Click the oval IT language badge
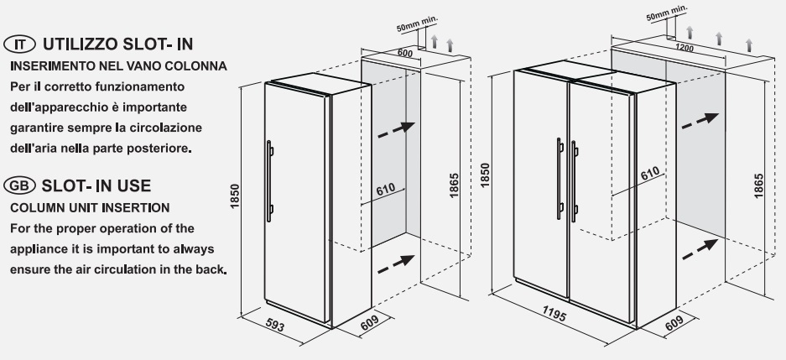coord(19,44)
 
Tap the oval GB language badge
coord(19,185)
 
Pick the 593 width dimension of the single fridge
coord(274,326)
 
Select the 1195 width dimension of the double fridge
coord(554,314)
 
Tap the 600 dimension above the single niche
coord(404,53)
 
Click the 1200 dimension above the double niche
coord(684,48)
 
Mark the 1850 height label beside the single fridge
coord(235,196)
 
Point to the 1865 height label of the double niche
coord(758,185)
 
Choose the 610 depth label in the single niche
coord(386,190)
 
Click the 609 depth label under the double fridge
coord(674,323)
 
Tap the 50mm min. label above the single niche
coord(417,24)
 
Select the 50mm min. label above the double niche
coord(667,13)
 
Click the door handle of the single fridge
coord(269,181)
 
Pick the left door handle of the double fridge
coord(560,179)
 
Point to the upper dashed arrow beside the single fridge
coord(396,129)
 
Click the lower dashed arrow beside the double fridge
coord(700,249)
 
